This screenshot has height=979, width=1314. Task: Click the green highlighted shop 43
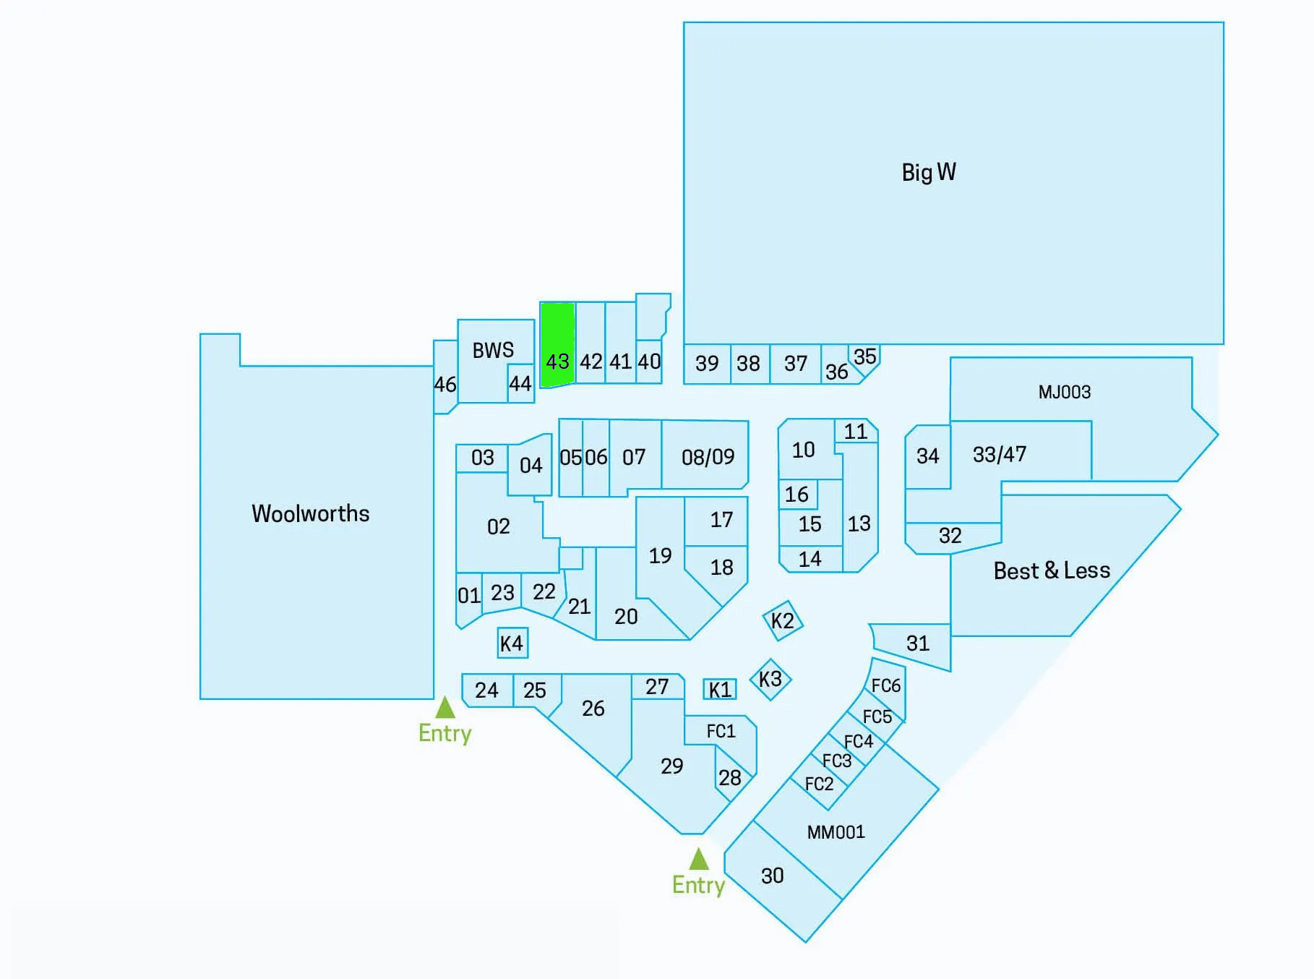tap(557, 345)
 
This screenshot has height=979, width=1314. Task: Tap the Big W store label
tap(929, 172)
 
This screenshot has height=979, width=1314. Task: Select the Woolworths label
tap(310, 513)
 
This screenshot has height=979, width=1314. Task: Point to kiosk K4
tap(512, 643)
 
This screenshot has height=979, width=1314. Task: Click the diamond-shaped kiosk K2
tap(783, 620)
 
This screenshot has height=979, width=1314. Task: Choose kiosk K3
tap(770, 679)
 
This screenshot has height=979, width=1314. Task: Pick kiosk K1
tap(720, 690)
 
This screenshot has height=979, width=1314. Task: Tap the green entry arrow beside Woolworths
tap(445, 707)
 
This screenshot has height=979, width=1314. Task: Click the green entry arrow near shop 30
tap(698, 859)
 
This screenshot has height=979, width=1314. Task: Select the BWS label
tap(493, 351)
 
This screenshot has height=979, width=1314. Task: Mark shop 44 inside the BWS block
tap(520, 383)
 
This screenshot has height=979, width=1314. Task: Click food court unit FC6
tap(886, 685)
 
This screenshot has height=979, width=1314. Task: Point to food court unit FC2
tap(819, 784)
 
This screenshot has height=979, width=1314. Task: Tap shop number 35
tap(865, 356)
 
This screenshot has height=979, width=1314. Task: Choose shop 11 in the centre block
tap(856, 432)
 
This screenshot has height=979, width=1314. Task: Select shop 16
tap(796, 495)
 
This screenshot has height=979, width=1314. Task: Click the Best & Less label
tap(1052, 570)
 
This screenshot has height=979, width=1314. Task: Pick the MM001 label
tap(836, 832)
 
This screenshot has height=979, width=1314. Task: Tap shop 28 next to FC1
tap(730, 777)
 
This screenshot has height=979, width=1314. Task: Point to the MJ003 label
tap(1064, 392)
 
